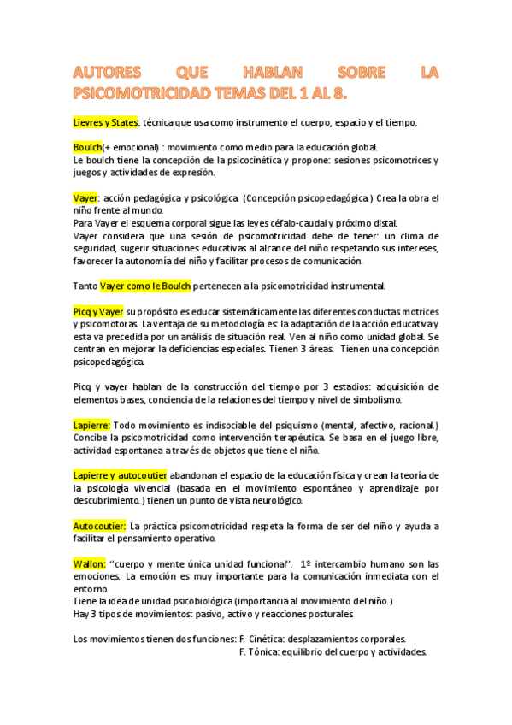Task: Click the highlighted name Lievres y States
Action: (x=105, y=122)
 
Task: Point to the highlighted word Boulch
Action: (x=87, y=147)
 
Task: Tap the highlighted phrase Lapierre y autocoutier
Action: (x=120, y=475)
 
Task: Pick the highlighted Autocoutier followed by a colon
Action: (x=100, y=526)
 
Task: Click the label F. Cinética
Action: (x=267, y=640)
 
